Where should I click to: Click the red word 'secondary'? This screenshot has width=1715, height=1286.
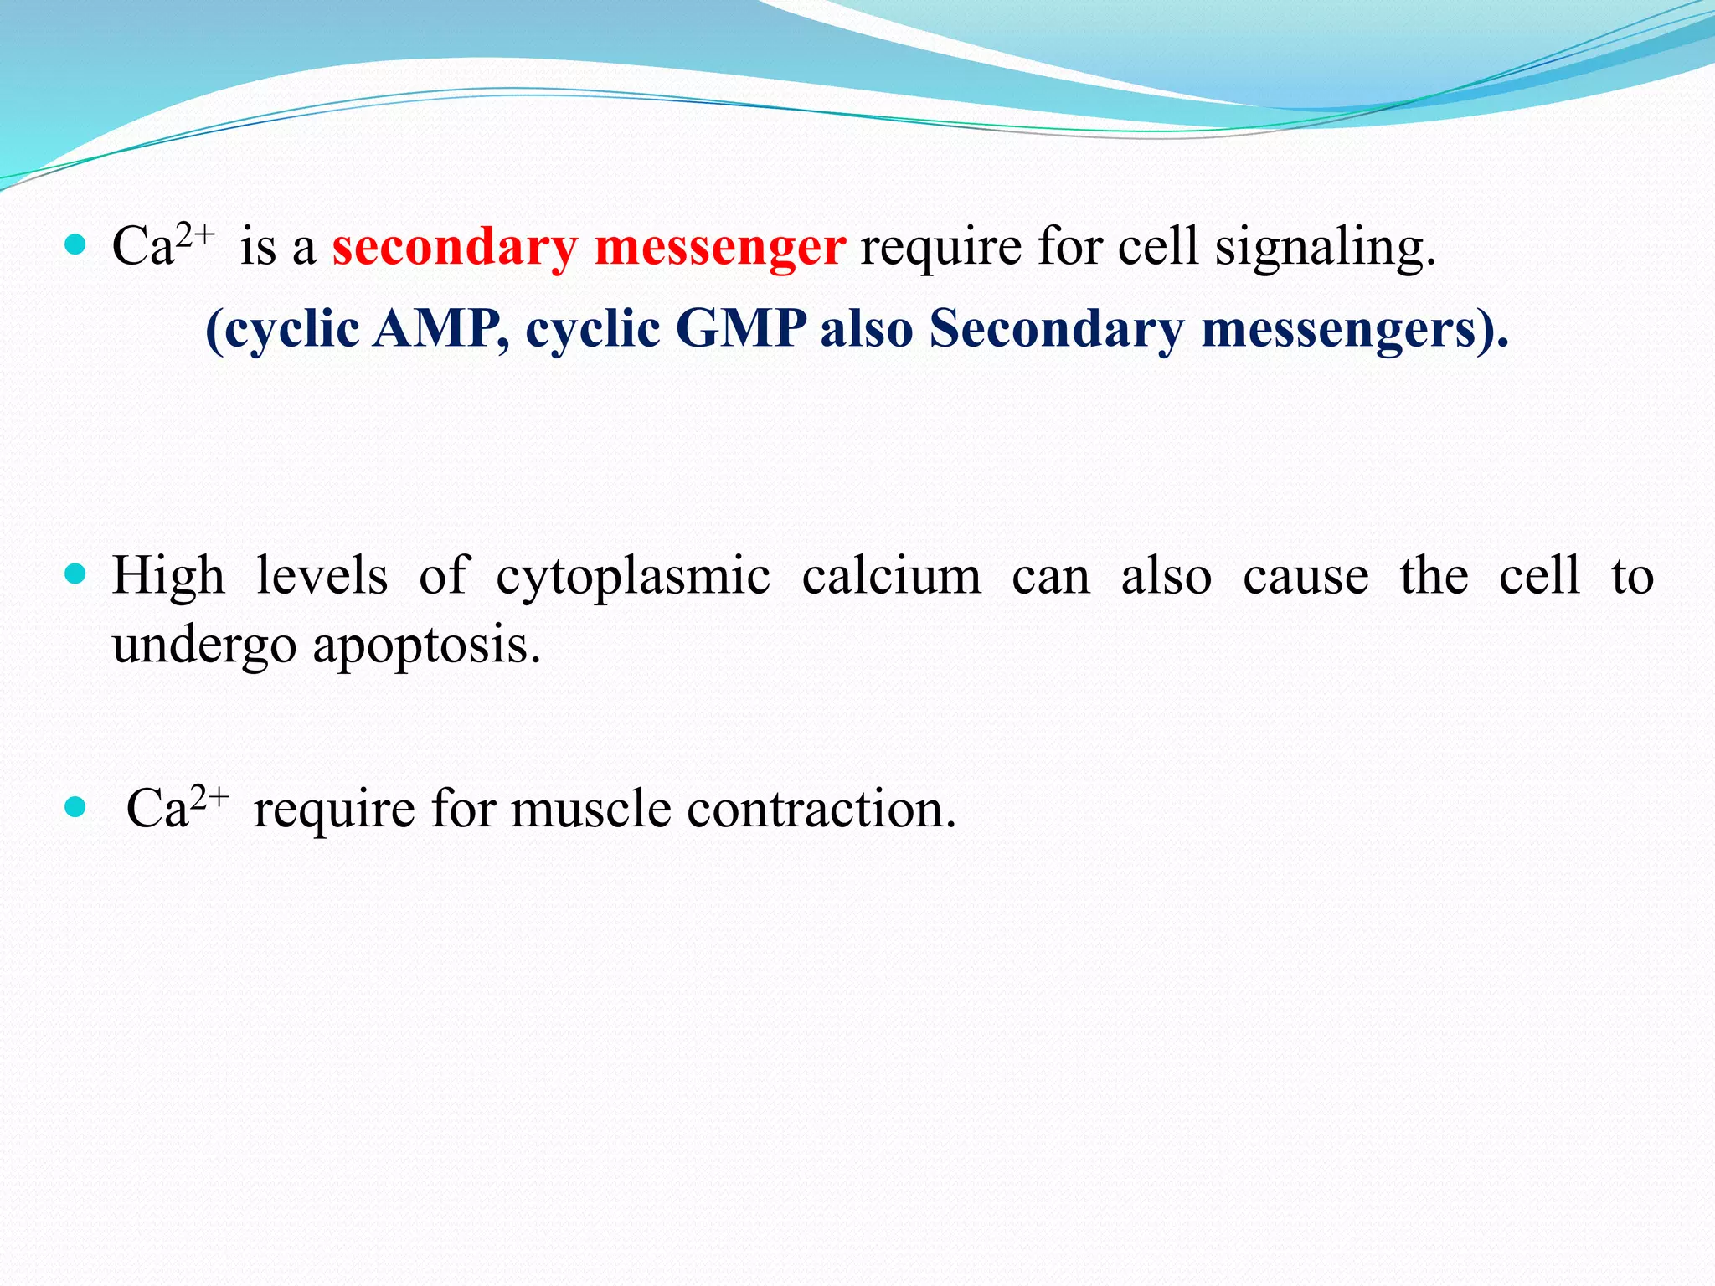point(455,248)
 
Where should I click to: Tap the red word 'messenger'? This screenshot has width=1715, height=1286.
point(720,248)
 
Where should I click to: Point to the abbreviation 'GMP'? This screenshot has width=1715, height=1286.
point(740,328)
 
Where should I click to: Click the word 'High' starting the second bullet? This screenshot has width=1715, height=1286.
point(168,576)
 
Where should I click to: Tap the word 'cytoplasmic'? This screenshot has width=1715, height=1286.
point(633,578)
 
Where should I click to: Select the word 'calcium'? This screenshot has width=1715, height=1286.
point(891,576)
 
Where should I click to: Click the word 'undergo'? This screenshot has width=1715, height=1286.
point(204,646)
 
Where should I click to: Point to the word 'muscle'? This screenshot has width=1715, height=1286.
point(590,809)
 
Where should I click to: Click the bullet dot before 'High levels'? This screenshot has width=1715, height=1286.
point(75,574)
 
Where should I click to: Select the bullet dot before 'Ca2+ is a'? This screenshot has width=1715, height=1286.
point(75,244)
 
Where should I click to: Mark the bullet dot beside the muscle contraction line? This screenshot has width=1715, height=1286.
point(75,807)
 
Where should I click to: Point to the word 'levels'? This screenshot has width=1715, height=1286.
point(322,576)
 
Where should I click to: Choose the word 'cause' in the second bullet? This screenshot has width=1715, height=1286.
point(1306,576)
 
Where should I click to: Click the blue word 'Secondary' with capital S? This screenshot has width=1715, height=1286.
point(1056,328)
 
